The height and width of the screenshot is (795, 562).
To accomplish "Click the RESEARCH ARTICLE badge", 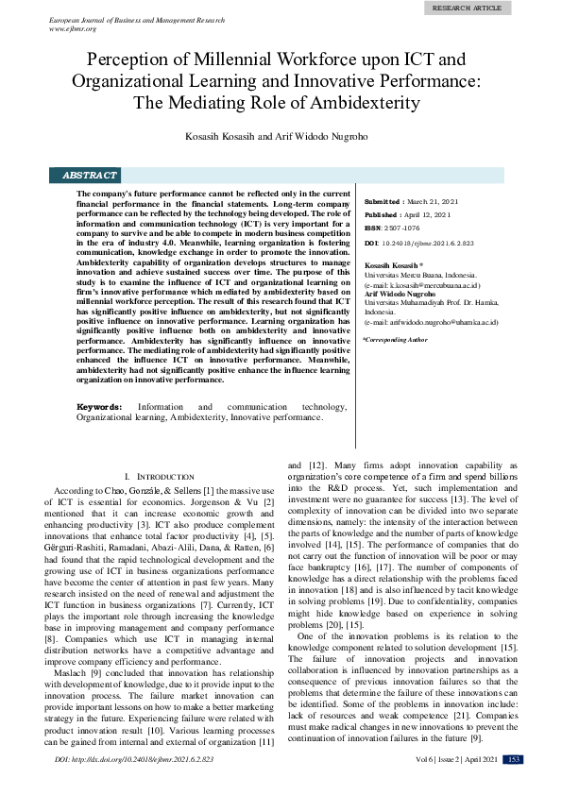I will (467, 8).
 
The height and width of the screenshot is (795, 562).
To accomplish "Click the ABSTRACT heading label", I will (89, 176).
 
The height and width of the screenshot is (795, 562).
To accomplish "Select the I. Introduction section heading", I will (160, 478).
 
